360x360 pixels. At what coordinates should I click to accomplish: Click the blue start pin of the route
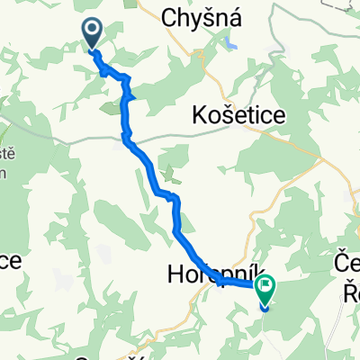tap(93, 34)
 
